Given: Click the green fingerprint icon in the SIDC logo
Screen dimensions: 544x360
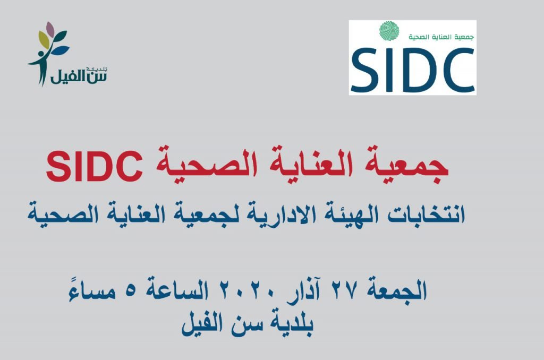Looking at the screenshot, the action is pos(389,30).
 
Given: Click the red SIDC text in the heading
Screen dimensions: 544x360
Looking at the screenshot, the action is pos(95,167).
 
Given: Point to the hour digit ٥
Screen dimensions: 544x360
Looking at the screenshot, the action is pos(130,292).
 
